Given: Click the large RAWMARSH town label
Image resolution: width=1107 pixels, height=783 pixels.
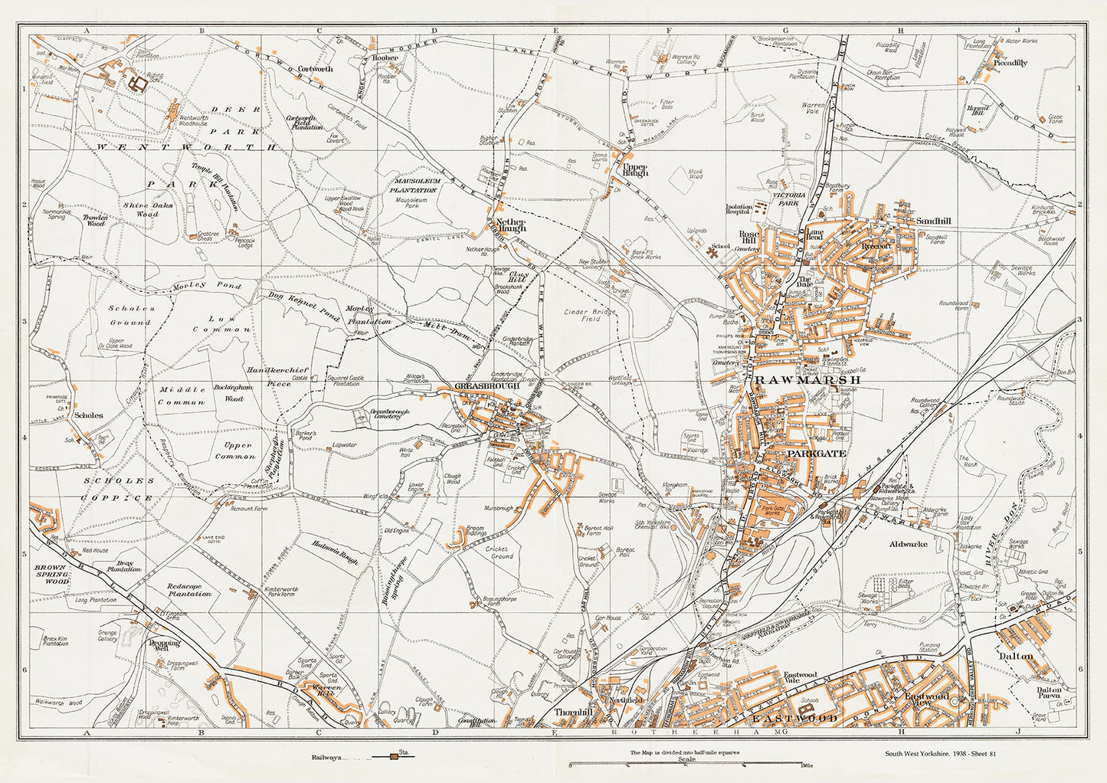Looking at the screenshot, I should tap(808, 379).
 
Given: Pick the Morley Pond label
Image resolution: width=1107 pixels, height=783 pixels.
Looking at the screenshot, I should tap(218, 286).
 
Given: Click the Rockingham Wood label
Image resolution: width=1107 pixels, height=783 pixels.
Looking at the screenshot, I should tap(224, 393).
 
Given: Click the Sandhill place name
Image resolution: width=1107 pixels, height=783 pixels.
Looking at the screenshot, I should tap(933, 221).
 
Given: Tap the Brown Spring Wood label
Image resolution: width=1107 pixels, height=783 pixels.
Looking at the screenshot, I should tap(52, 575).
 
